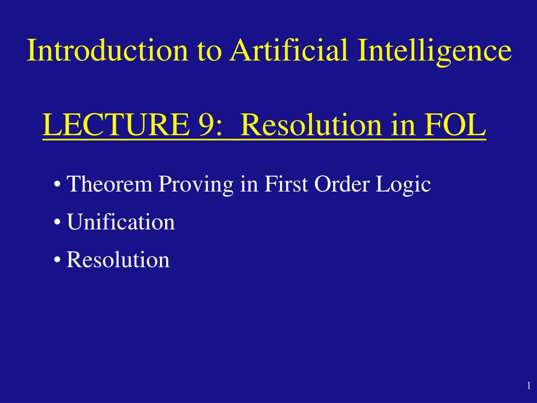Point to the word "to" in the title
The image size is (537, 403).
(209, 52)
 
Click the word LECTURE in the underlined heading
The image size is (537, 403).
(116, 125)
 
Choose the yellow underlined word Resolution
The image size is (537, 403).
(311, 125)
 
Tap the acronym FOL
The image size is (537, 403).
(455, 125)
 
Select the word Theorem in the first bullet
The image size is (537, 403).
(110, 184)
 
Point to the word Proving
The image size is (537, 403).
(196, 185)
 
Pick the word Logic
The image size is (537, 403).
(403, 185)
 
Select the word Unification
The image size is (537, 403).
(121, 222)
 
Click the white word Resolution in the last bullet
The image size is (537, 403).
(118, 259)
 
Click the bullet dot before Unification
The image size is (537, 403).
(57, 222)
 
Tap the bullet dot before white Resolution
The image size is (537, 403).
(57, 260)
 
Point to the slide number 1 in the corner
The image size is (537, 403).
(529, 386)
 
